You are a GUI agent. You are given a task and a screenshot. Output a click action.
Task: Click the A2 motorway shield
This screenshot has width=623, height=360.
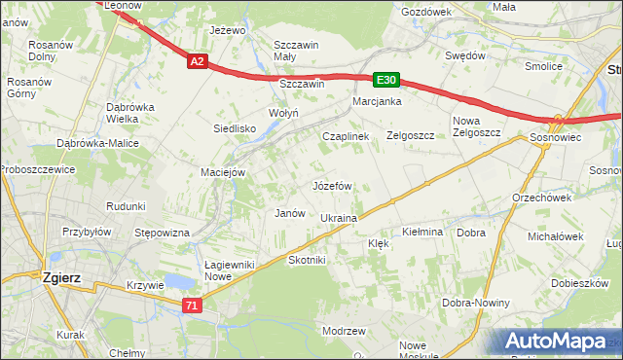click(x=197, y=61)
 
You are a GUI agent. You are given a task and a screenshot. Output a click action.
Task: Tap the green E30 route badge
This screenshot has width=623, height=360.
click(x=385, y=80)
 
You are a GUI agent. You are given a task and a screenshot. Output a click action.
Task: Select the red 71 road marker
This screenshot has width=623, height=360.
click(x=192, y=306)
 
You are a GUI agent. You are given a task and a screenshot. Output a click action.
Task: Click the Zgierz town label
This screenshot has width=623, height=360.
click(x=60, y=276)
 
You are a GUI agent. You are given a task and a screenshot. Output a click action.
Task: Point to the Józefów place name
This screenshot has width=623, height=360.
click(x=331, y=185)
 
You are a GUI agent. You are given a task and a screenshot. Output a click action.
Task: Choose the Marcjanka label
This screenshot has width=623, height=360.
click(x=378, y=101)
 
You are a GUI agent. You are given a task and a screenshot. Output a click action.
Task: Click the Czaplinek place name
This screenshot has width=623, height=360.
click(x=346, y=136)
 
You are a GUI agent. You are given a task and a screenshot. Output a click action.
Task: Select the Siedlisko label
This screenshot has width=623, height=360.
click(x=235, y=127)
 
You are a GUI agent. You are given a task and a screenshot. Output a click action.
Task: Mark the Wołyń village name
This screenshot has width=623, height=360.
click(x=256, y=113)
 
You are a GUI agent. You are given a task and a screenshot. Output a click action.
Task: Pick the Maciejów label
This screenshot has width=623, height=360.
click(x=222, y=172)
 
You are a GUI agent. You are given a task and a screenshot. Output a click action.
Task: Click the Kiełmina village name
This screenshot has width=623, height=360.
click(x=422, y=233)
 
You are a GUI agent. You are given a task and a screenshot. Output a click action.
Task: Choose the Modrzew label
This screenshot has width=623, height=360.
click(x=343, y=331)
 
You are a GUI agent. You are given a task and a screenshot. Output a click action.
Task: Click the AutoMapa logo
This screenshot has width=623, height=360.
click(x=556, y=342)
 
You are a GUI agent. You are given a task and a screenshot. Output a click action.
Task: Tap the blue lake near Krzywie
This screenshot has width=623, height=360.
click(x=178, y=281)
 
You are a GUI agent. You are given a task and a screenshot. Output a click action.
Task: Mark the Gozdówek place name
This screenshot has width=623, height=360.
click(x=426, y=11)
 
